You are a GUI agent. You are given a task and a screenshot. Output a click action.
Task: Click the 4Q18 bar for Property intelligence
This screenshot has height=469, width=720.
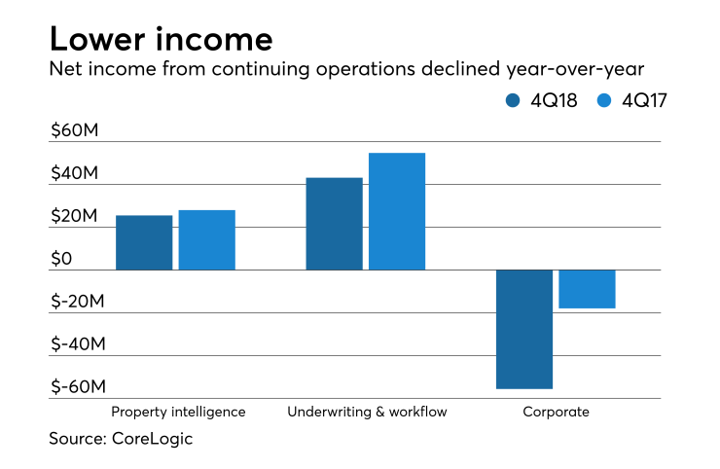pyautogui.click(x=144, y=242)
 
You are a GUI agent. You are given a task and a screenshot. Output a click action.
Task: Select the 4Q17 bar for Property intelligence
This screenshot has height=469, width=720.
pyautogui.click(x=206, y=240)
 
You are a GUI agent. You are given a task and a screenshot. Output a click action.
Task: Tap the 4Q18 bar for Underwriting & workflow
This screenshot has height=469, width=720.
pyautogui.click(x=334, y=224)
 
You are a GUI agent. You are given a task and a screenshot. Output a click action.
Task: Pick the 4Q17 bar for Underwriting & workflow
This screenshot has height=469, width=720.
pyautogui.click(x=396, y=211)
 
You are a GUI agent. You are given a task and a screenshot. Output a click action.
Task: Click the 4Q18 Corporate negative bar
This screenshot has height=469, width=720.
pyautogui.click(x=524, y=329)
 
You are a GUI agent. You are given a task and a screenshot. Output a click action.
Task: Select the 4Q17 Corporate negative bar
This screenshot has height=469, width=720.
pyautogui.click(x=587, y=289)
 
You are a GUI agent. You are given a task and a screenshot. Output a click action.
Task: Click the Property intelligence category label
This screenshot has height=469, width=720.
pyautogui.click(x=178, y=412)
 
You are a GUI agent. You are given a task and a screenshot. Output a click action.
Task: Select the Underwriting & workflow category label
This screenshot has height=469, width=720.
pyautogui.click(x=367, y=412)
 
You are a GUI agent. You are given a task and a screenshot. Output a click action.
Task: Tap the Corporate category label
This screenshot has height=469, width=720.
pyautogui.click(x=556, y=412)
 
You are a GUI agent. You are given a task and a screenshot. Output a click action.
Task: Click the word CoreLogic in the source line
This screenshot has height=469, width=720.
pyautogui.click(x=152, y=439)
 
